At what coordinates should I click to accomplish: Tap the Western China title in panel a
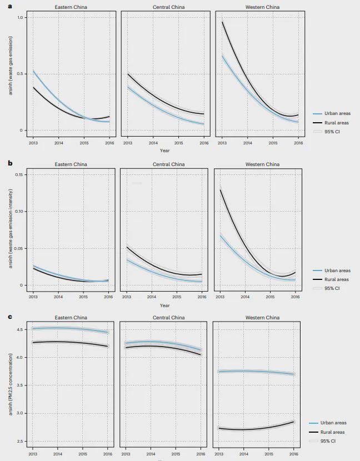(262, 7)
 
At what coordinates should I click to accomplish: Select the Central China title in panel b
(169, 164)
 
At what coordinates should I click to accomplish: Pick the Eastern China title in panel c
(71, 318)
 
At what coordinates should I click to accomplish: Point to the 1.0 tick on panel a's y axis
(21, 18)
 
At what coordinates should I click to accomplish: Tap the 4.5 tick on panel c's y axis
(21, 329)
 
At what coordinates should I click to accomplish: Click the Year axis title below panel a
(165, 151)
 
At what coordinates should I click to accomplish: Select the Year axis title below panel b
(165, 305)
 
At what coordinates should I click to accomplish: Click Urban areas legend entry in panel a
(337, 113)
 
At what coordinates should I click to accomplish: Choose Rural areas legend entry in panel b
(337, 279)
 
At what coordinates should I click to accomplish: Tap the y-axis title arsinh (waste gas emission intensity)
(9, 228)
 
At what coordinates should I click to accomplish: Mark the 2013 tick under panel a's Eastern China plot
(33, 143)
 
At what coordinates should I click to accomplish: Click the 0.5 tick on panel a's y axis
(21, 74)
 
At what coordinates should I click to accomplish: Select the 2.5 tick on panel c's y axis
(21, 442)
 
